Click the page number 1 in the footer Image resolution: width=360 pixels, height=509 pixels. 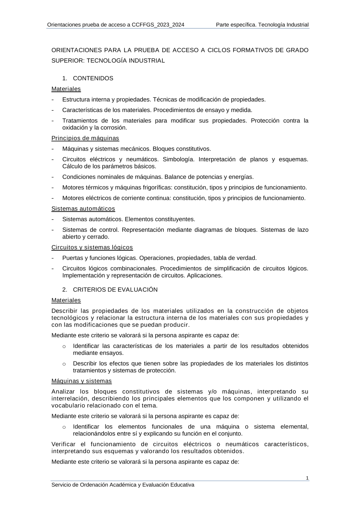click(307, 478)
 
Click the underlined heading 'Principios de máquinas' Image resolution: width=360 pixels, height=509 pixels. click(85, 138)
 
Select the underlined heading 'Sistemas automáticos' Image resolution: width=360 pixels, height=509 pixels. click(83, 209)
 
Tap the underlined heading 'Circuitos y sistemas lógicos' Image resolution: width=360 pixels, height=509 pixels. click(92, 247)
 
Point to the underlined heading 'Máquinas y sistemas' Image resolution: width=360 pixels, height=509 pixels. click(81, 381)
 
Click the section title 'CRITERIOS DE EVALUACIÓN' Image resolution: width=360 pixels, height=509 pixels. click(115, 290)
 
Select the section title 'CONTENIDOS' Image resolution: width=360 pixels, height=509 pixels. click(93, 78)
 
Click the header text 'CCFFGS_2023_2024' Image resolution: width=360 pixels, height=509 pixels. click(158, 25)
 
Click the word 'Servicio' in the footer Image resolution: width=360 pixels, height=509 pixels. click(61, 485)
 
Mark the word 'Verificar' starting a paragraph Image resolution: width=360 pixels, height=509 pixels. click(63, 444)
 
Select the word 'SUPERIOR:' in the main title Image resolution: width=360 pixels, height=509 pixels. click(68, 61)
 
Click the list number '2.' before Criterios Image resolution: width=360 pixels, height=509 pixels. click(65, 290)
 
